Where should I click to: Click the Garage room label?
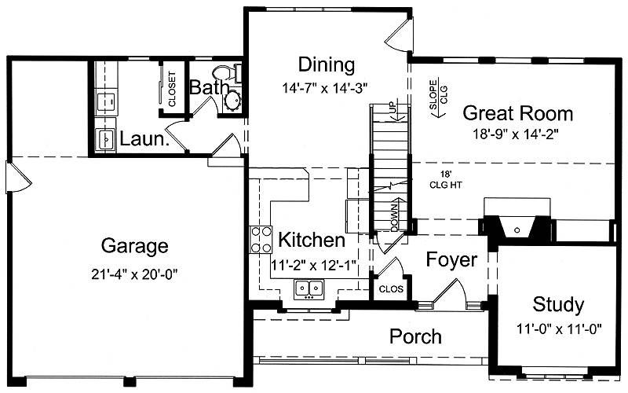pyautogui.click(x=134, y=246)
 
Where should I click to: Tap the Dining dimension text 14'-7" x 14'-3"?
pyautogui.click(x=325, y=88)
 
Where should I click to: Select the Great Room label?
pyautogui.click(x=518, y=113)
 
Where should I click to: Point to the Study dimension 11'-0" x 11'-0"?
pyautogui.click(x=559, y=329)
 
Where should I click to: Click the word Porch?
pyautogui.click(x=416, y=336)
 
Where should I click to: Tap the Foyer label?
pyautogui.click(x=451, y=260)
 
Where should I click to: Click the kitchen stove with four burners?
pyautogui.click(x=261, y=240)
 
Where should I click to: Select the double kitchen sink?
pyautogui.click(x=309, y=289)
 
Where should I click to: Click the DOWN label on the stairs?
pyautogui.click(x=395, y=218)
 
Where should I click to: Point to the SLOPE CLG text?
pyautogui.click(x=438, y=94)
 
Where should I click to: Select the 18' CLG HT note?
pyautogui.click(x=446, y=180)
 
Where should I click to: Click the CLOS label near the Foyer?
pyautogui.click(x=391, y=289)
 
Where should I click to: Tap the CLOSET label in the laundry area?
pyautogui.click(x=172, y=89)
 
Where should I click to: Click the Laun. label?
pyautogui.click(x=144, y=139)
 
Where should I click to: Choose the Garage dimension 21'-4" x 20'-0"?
pyautogui.click(x=134, y=274)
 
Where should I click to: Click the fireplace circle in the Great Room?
pyautogui.click(x=517, y=230)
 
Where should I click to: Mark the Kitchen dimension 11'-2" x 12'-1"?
pyautogui.click(x=314, y=266)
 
